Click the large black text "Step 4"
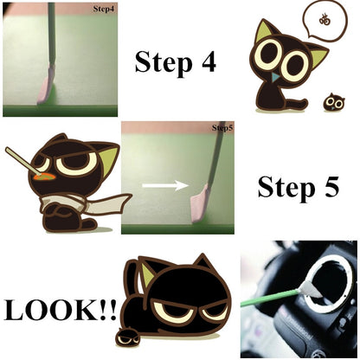point(175,62)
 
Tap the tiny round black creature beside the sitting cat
point(333,102)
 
